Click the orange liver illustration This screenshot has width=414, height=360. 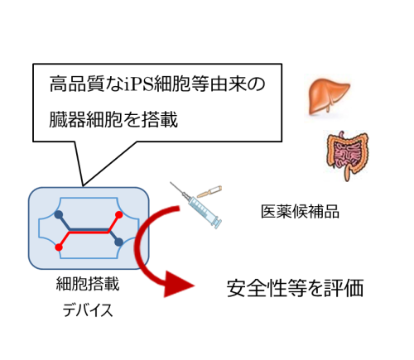[329, 96]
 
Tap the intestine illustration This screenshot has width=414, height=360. [347, 155]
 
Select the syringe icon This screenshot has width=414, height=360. [196, 204]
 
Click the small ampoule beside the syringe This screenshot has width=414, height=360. [209, 191]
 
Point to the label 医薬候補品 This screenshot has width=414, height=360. [300, 212]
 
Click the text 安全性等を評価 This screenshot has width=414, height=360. [295, 288]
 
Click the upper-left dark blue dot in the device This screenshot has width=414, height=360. [59, 214]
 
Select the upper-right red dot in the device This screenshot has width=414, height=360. [118, 214]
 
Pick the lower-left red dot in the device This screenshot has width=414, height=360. [59, 247]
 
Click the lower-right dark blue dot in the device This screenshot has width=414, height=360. [118, 242]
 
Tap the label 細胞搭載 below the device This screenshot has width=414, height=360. [88, 284]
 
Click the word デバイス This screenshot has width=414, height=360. [88, 310]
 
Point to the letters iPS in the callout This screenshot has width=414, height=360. [138, 84]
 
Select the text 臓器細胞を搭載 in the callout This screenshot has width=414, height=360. [113, 119]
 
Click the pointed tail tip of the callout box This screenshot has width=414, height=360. [83, 185]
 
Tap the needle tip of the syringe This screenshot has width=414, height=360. [171, 182]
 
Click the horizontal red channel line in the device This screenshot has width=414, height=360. [89, 233]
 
